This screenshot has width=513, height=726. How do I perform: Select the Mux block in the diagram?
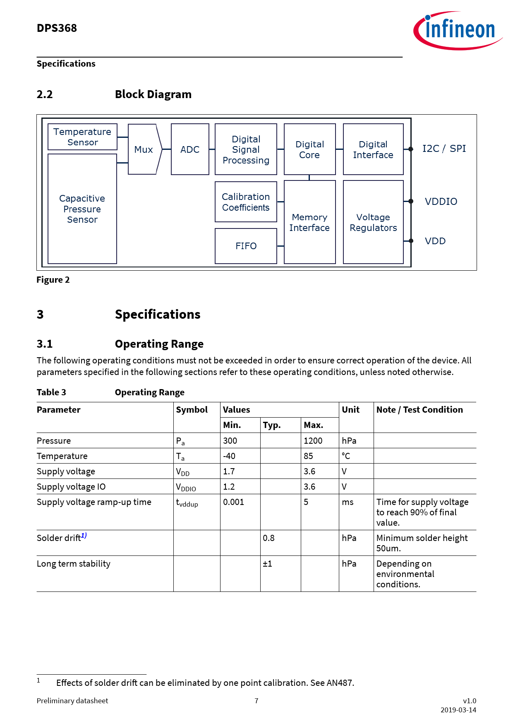[144, 149]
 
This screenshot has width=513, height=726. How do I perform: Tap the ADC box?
[190, 149]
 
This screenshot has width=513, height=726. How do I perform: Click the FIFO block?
[246, 246]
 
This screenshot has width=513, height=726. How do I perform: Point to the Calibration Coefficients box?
[246, 202]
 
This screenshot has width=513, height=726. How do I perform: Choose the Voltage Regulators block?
[373, 222]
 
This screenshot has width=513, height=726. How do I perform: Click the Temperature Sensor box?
[82, 137]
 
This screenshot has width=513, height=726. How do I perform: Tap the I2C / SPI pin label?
[444, 149]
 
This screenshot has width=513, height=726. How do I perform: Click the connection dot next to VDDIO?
[411, 201]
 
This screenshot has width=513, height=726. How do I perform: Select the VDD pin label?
[435, 241]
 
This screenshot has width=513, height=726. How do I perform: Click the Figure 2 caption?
[53, 280]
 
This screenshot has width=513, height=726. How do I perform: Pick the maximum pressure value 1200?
[313, 441]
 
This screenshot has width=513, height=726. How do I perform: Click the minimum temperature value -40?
[229, 456]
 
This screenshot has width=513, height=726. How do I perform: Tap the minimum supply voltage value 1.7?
[229, 471]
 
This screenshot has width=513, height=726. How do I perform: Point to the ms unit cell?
[348, 502]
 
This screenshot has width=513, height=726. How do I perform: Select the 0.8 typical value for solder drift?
[268, 538]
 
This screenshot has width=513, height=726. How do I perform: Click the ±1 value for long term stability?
[267, 564]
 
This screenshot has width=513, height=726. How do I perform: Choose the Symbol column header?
[192, 410]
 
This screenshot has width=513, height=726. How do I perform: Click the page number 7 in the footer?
[256, 701]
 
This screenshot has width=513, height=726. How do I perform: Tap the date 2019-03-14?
[458, 710]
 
